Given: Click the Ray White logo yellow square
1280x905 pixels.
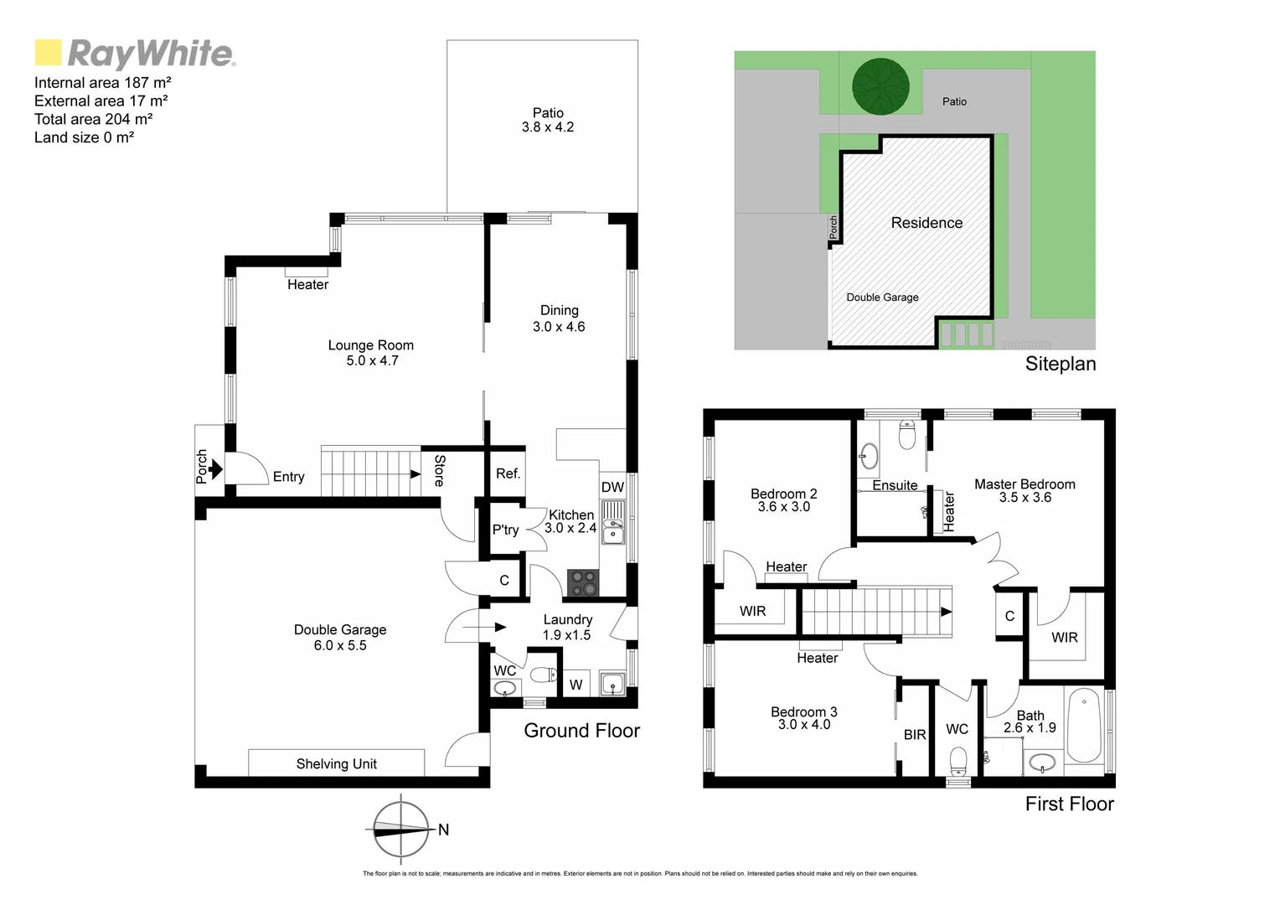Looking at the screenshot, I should (x=48, y=52).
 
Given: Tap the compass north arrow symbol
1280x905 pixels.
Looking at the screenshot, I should (x=400, y=830).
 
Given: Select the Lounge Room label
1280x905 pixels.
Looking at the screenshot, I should (x=370, y=345).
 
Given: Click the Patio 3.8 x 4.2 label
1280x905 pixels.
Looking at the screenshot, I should (x=548, y=120).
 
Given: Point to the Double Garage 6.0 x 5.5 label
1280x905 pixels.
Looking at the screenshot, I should (x=340, y=638).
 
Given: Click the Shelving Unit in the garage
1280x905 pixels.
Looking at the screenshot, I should (x=336, y=763).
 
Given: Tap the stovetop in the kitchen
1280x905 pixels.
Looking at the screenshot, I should (x=583, y=583).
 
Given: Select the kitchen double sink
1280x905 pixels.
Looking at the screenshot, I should (x=613, y=522).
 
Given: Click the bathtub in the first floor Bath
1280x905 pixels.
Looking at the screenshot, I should (x=1084, y=725).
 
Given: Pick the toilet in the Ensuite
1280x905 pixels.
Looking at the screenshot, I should (x=907, y=434).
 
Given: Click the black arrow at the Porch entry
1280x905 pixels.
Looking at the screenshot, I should (x=215, y=468).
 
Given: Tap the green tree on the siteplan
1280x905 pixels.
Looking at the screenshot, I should (x=880, y=85).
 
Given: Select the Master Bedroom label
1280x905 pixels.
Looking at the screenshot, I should (x=1025, y=484).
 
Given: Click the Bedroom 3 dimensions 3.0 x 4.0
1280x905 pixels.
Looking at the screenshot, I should (x=804, y=725).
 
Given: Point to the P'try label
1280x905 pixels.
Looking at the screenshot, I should (x=505, y=530).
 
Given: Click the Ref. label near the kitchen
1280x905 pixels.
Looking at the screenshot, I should (x=508, y=473).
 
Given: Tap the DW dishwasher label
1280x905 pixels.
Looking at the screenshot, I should (x=612, y=488).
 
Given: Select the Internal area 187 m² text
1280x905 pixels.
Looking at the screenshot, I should (x=103, y=82).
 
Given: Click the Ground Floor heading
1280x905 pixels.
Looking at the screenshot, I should (x=581, y=731).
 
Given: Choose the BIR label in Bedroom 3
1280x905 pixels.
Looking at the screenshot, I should (x=915, y=735).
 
